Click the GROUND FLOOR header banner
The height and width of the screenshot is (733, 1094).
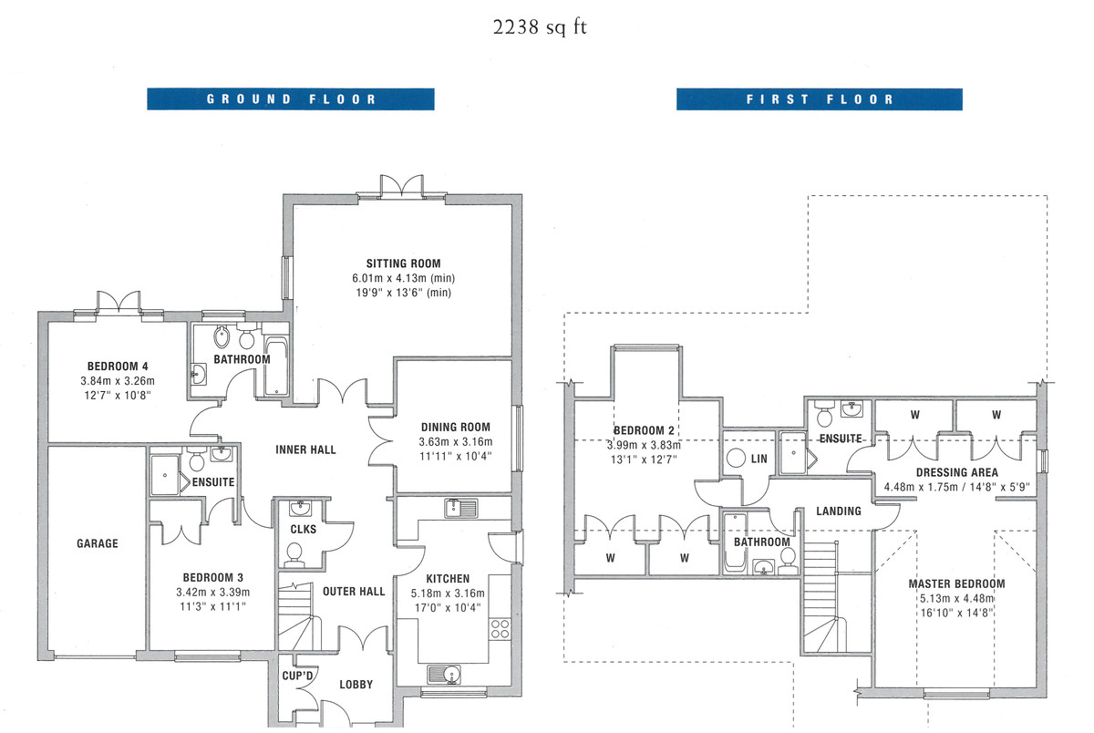[x=291, y=98]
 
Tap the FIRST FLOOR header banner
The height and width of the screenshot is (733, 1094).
[x=819, y=98]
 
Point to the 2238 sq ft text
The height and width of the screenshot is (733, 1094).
[x=541, y=26]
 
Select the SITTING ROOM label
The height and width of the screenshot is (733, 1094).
[x=404, y=263]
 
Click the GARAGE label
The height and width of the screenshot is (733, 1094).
[x=97, y=543]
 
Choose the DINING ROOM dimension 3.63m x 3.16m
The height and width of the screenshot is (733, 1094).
[x=456, y=441]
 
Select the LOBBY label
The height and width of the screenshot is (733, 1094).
[x=356, y=685]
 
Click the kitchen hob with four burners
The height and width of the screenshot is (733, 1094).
[x=500, y=627]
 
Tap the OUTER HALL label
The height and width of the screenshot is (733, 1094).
[x=354, y=591]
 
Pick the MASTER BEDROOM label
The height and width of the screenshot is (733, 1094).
[x=956, y=583]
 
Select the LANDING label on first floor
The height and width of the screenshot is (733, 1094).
[x=838, y=511]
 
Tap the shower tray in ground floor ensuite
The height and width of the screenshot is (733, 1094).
[x=165, y=470]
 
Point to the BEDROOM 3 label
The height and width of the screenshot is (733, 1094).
[x=212, y=577]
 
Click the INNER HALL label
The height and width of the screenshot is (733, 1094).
[x=305, y=449]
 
